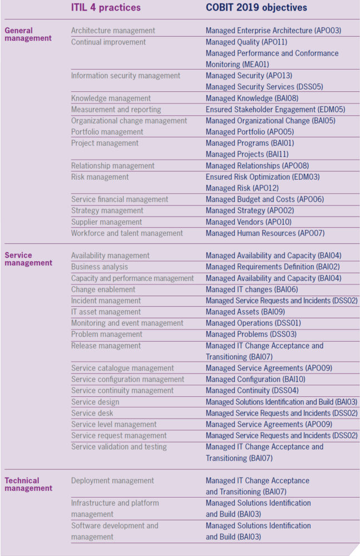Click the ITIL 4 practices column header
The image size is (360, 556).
(106, 7)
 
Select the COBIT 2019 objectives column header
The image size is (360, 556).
(256, 7)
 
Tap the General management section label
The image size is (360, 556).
(28, 35)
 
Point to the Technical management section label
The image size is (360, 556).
(28, 484)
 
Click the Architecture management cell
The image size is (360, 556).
(113, 31)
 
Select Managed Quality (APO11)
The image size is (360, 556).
(246, 42)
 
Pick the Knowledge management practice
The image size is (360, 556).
(111, 98)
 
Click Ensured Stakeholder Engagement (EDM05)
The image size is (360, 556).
(275, 110)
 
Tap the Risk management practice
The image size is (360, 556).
(100, 177)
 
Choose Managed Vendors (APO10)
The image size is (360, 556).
(249, 222)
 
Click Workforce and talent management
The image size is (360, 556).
(127, 233)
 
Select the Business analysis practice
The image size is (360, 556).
(100, 267)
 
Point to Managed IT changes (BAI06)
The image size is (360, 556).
(252, 290)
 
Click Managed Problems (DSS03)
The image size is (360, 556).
(251, 334)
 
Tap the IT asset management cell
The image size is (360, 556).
(106, 312)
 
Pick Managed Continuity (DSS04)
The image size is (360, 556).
(252, 390)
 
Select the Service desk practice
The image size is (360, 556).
(92, 413)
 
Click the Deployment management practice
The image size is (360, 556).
(113, 481)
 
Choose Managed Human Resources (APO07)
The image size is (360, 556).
(265, 233)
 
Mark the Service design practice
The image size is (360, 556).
(95, 402)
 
